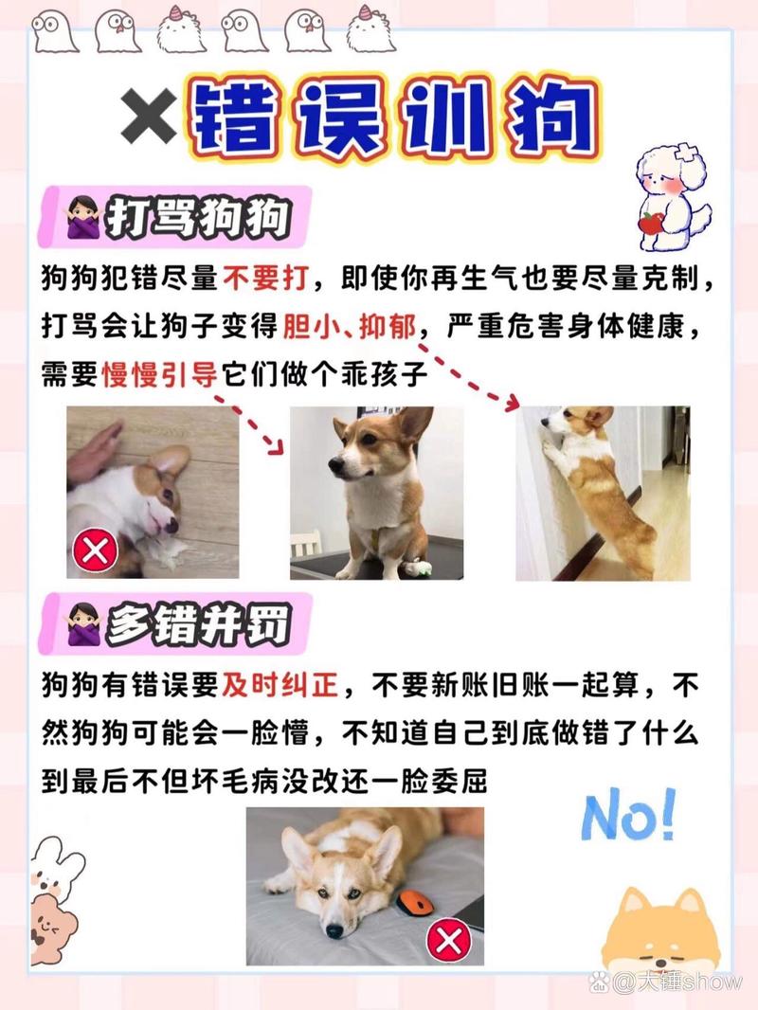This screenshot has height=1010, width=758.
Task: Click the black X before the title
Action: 149,117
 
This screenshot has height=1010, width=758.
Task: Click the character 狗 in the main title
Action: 552,118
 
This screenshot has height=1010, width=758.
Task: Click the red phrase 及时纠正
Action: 280,685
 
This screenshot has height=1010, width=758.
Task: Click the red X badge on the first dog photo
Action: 95,550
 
